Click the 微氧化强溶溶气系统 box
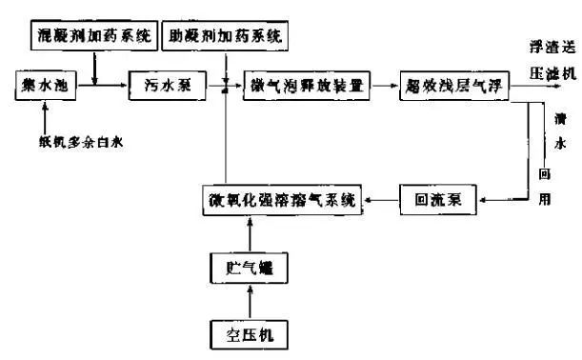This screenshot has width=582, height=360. tap(283, 200)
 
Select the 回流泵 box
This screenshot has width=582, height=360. tap(438, 200)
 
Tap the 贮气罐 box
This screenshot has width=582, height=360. tap(251, 270)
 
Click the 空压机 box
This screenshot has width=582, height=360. tap(251, 334)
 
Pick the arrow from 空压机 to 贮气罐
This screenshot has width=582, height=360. tap(251, 303)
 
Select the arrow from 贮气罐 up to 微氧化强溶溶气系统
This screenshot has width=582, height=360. tap(251, 235)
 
